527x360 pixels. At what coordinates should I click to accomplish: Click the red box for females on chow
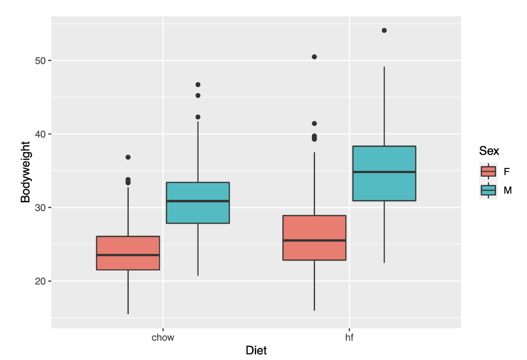coord(128,253)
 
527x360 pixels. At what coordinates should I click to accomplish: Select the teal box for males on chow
coord(198,203)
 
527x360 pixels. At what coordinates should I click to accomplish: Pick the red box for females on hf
coord(314,237)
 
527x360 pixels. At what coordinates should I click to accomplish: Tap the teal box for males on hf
coord(384,173)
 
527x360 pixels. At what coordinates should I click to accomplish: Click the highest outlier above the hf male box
coord(384,30)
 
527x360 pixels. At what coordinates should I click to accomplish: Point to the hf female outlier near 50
coord(314,57)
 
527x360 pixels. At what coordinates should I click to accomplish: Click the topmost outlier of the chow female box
coord(128,157)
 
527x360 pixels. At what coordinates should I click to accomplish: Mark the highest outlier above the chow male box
coord(198,84)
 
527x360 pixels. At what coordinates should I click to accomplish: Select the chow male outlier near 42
coord(198,117)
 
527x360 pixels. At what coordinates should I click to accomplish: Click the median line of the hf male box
coord(384,172)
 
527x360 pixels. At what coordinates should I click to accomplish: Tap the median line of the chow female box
coord(128,255)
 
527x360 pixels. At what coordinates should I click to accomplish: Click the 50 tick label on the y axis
coord(41,61)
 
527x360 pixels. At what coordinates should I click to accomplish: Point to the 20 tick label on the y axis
coord(41,281)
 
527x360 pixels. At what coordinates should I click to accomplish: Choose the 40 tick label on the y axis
coord(41,134)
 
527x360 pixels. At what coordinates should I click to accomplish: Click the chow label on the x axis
coord(163,338)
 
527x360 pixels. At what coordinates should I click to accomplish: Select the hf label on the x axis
coord(349,338)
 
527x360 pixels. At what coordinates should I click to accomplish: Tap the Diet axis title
coord(256,351)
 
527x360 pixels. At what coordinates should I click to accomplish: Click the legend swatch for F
coord(488,172)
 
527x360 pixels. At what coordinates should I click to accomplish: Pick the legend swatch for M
coord(488,190)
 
